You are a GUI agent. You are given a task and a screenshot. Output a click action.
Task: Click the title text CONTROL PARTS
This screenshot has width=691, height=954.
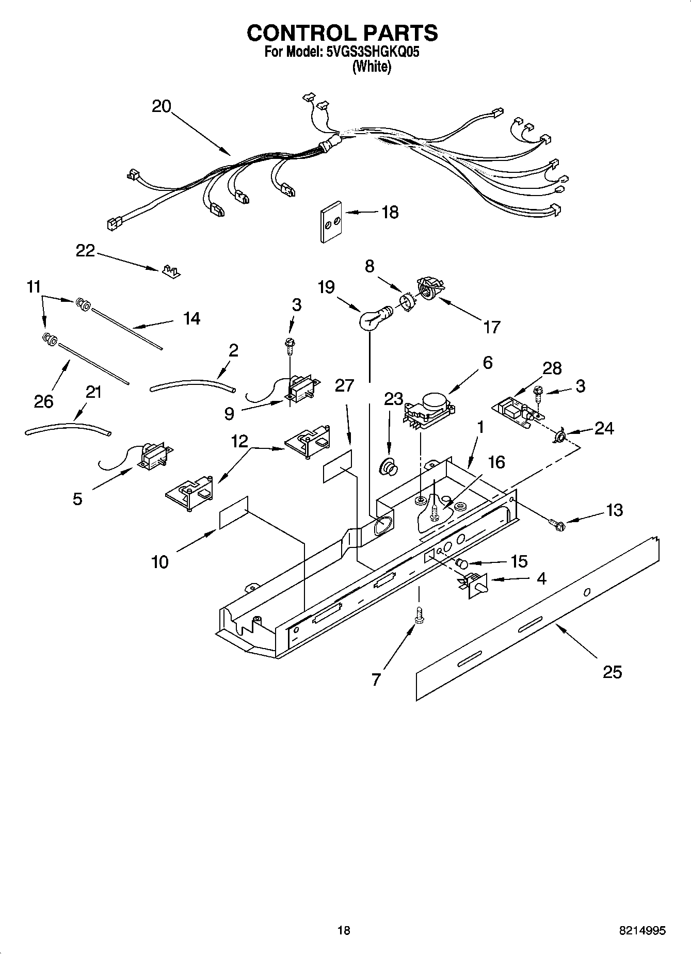[x=342, y=33]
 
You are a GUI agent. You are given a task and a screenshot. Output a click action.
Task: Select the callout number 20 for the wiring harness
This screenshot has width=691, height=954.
[x=161, y=106]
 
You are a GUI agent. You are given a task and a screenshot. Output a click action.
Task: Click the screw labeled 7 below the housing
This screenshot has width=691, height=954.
[x=419, y=616]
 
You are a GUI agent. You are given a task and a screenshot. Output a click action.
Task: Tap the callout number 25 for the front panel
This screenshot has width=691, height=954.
[x=612, y=672]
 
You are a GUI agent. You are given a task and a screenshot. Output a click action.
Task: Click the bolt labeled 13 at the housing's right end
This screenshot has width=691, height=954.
[x=558, y=525]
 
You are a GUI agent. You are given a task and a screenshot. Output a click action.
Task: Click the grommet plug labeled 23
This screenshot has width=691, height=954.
[x=389, y=466]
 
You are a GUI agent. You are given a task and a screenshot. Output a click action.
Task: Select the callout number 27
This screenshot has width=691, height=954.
[x=344, y=386]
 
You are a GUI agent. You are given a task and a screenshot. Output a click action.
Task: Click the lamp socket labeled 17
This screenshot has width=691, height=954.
[x=428, y=287]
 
